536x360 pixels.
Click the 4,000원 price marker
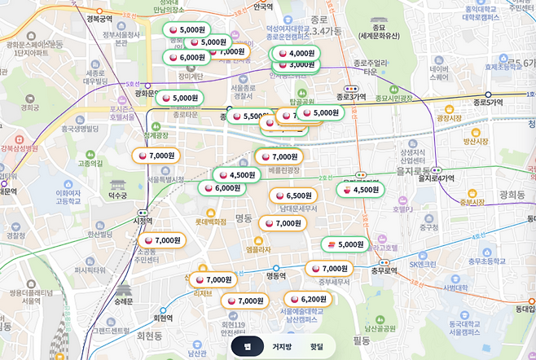(x=295, y=53)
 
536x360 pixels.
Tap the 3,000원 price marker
(x=295, y=64)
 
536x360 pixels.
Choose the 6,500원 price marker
(x=293, y=195)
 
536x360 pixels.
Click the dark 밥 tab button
(x=247, y=346)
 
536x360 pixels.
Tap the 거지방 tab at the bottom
(x=282, y=346)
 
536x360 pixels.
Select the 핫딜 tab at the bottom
(x=316, y=346)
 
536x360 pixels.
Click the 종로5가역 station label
(x=488, y=103)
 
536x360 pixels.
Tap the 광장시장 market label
(x=449, y=118)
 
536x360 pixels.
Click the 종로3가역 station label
(x=353, y=96)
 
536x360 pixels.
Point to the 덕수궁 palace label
(x=118, y=195)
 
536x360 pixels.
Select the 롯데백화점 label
(x=209, y=221)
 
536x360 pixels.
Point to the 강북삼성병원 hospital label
(x=20, y=148)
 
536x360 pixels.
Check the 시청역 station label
(x=142, y=220)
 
